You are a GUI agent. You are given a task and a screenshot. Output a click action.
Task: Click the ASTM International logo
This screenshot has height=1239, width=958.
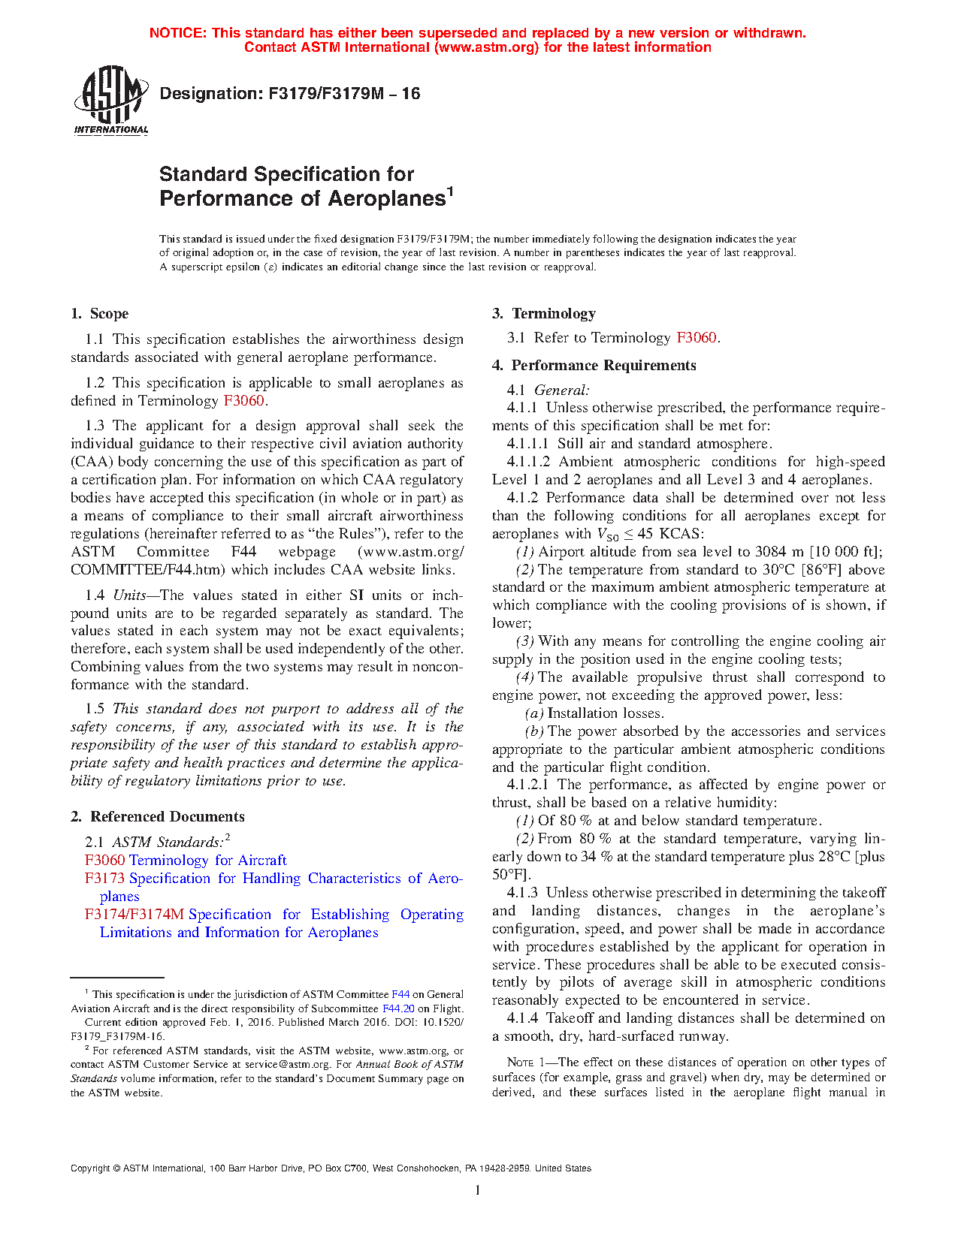coord(110,100)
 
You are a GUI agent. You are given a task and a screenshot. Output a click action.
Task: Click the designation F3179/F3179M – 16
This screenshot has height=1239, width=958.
coord(290,94)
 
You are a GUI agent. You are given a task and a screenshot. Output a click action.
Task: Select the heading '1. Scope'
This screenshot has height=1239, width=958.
coord(99,314)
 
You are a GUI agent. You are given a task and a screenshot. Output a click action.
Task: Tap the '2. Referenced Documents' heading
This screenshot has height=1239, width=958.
coord(158,817)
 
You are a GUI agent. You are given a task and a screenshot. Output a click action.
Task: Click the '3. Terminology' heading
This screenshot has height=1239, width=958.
coord(544,314)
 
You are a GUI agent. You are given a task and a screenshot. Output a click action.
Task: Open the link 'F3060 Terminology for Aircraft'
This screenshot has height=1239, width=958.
coord(186,861)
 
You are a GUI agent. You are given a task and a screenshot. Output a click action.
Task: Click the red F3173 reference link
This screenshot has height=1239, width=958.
coord(105,879)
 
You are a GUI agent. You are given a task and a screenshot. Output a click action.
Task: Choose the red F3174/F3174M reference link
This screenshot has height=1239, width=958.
coord(134,915)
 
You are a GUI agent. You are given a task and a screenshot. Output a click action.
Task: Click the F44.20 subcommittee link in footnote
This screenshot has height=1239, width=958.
coord(398,1008)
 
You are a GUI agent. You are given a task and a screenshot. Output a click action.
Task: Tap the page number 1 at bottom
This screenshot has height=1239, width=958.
coord(478,1190)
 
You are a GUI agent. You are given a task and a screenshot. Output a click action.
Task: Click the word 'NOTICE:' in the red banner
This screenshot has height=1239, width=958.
coord(177,33)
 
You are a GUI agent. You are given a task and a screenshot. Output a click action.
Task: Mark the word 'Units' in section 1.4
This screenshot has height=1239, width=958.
coord(129,595)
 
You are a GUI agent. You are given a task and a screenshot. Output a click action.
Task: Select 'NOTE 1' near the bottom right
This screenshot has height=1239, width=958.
coord(520,1063)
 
